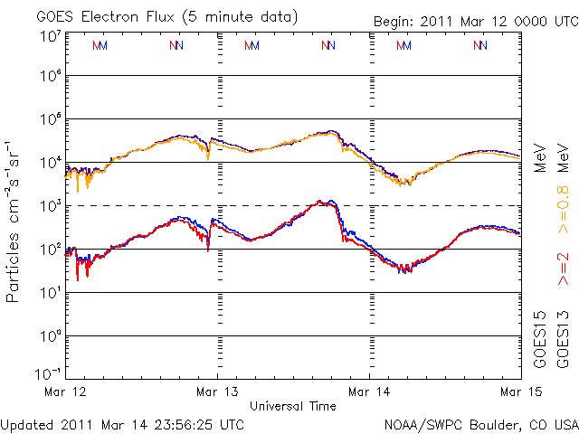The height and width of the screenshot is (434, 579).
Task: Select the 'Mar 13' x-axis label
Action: tap(218, 392)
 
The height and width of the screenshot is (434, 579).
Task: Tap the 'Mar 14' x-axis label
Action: tap(370, 392)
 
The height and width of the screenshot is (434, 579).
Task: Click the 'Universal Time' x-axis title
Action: tap(293, 406)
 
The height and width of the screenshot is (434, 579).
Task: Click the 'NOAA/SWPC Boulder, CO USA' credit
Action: tap(479, 423)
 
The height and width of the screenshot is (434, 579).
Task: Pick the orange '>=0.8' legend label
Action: tap(563, 214)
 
